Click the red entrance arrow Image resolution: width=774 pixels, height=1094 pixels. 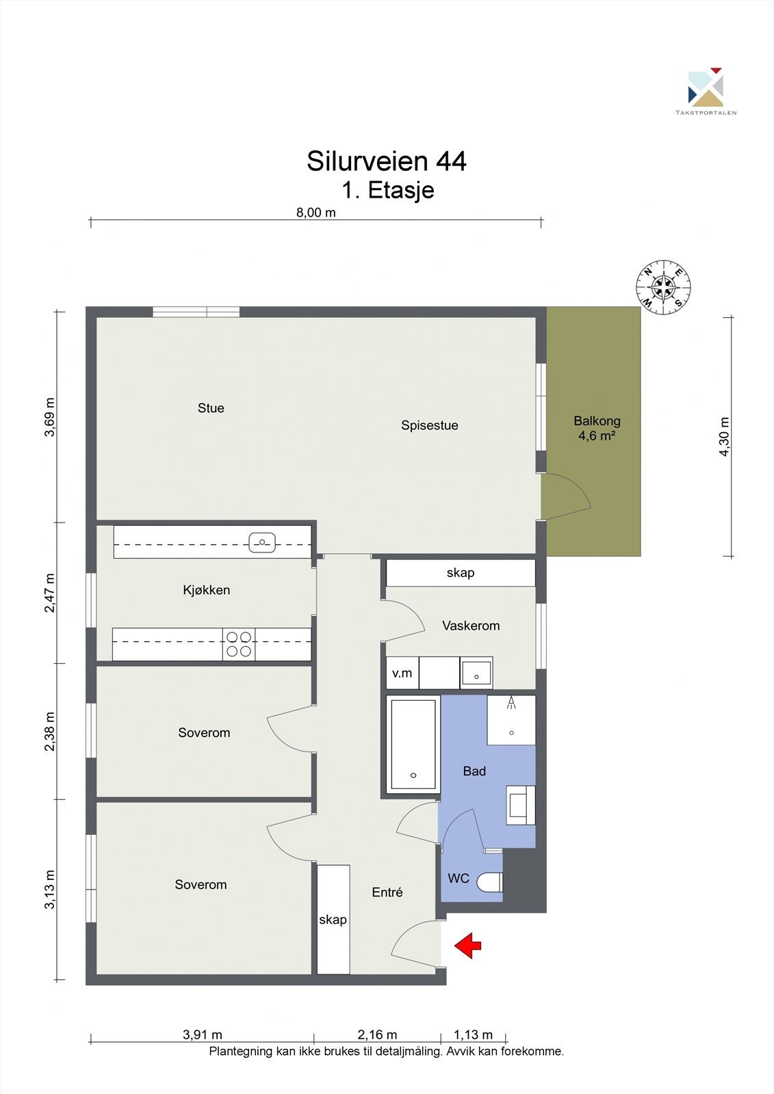click(468, 946)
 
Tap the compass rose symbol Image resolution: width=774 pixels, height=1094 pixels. click(663, 287)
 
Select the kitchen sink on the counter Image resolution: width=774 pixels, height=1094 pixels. click(262, 543)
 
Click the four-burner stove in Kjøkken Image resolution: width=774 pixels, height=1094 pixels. click(239, 644)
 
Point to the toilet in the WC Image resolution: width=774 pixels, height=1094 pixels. click(489, 882)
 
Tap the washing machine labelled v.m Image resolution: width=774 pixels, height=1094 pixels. click(402, 673)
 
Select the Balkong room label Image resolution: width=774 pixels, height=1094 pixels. click(597, 421)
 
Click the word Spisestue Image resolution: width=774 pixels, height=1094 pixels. click(430, 425)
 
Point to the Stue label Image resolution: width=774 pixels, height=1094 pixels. click(211, 408)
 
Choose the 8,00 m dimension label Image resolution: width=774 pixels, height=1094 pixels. click(316, 213)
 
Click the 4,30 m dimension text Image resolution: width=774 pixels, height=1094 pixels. click(724, 437)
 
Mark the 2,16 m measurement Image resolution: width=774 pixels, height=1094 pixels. click(377, 1035)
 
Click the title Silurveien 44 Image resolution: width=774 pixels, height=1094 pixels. click(386, 161)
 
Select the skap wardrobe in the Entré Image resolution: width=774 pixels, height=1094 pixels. click(333, 920)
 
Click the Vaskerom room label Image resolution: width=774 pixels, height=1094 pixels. click(471, 626)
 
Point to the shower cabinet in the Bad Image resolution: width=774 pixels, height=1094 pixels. click(511, 720)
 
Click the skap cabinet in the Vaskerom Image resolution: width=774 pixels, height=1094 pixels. click(461, 572)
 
